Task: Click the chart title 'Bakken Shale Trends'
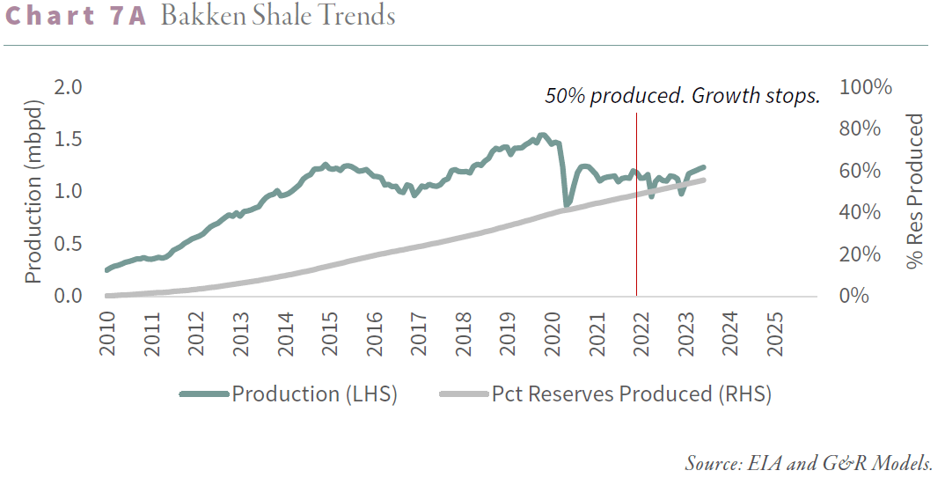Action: pos(278,17)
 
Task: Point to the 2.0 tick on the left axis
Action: pos(68,87)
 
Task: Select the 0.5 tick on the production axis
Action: pos(68,244)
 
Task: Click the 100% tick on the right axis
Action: pos(867,87)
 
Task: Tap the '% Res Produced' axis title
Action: pos(916,191)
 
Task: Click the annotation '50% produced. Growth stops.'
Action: pos(682,96)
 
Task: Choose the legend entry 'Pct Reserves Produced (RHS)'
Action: pos(631,394)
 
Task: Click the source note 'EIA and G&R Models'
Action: pos(808,463)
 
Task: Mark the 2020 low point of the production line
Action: pos(567,205)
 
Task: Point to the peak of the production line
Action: pos(542,135)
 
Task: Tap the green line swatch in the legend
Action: pos(204,394)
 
